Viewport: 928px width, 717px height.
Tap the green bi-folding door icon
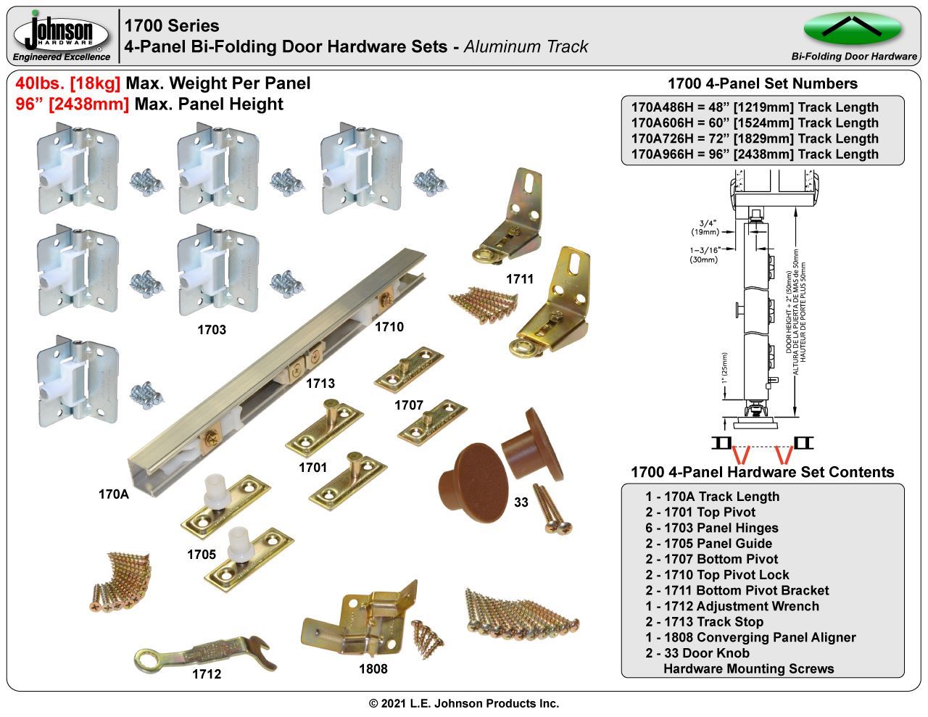(853, 28)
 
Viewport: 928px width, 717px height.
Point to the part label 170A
(113, 494)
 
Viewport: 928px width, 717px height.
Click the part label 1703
(212, 330)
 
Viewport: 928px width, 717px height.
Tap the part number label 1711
(519, 278)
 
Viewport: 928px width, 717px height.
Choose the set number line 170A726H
(755, 138)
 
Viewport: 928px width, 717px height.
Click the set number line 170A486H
(755, 107)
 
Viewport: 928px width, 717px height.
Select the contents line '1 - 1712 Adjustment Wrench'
(732, 606)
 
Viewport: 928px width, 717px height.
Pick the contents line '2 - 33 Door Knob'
(697, 652)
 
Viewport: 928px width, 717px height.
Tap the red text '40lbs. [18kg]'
(68, 83)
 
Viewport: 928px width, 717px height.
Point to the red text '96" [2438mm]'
(72, 104)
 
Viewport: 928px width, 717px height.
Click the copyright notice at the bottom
(464, 703)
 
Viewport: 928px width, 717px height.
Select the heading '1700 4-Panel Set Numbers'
(762, 83)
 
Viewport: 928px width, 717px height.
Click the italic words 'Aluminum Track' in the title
(526, 47)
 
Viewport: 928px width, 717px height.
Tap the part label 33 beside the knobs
(521, 502)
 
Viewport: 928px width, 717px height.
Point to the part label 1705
(201, 555)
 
